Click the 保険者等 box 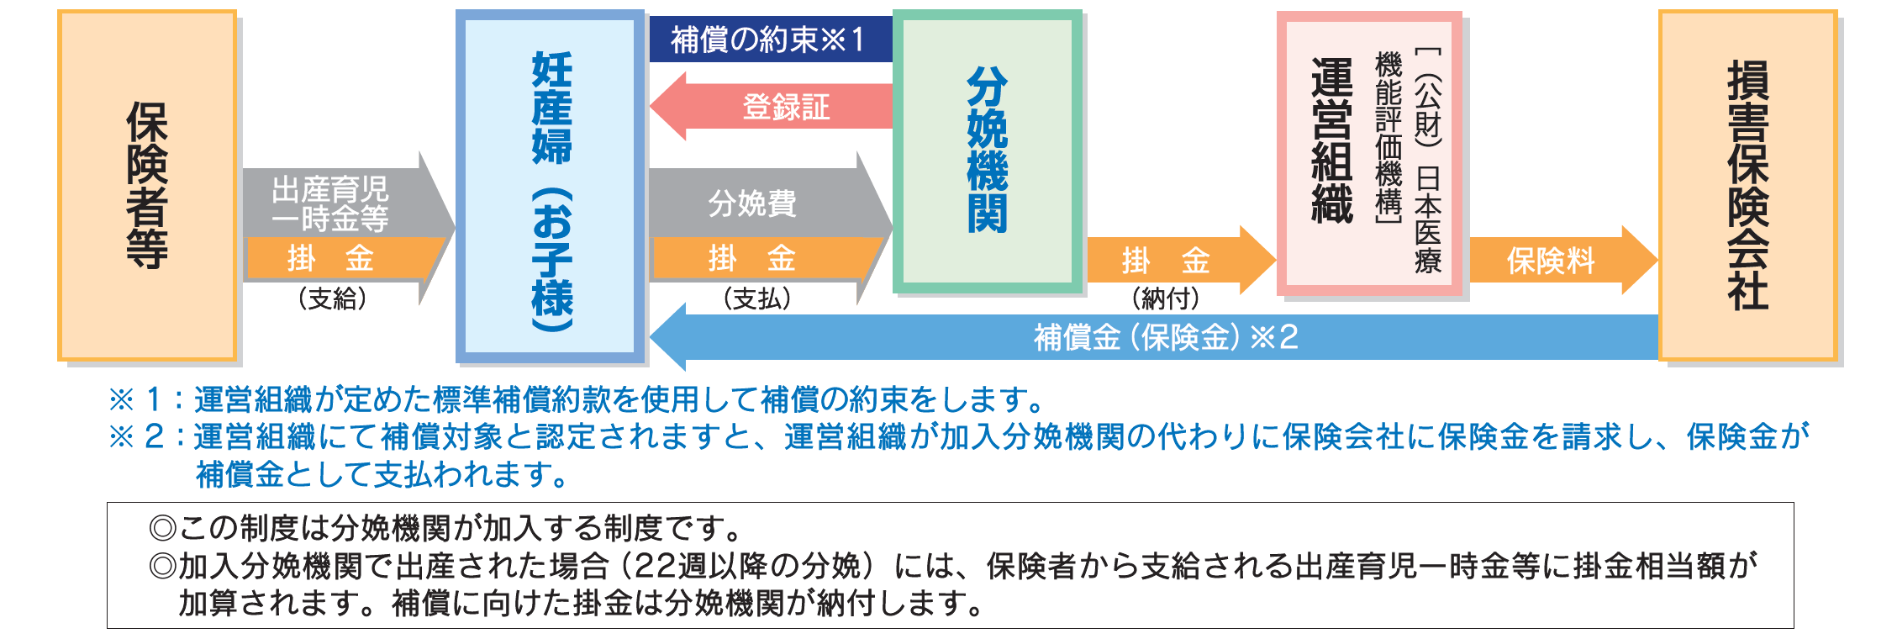coord(147,185)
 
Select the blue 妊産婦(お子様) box coord(551,186)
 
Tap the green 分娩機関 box coord(987,151)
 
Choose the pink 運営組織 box coord(1369,154)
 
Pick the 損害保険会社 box coord(1748,185)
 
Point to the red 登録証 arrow coord(771,106)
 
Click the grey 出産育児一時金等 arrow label coord(330,203)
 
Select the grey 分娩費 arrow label coord(752,203)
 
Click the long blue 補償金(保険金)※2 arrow coord(1154,337)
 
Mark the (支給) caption coord(333,298)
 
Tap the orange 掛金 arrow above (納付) coord(1182,260)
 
